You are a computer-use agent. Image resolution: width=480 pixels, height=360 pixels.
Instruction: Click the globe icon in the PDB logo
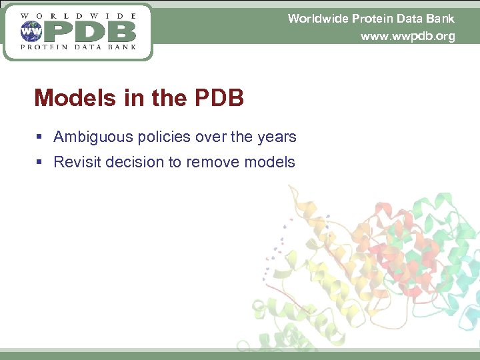[31, 31]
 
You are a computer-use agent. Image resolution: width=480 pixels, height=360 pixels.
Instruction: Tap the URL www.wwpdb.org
[407, 36]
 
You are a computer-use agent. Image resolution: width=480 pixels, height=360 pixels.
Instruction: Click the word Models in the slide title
[75, 99]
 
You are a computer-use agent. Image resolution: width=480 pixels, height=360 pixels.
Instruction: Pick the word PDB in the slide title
[219, 99]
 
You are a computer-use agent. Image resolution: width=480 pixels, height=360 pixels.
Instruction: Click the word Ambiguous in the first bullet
[93, 137]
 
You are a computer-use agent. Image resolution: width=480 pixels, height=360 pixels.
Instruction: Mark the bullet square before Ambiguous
[40, 137]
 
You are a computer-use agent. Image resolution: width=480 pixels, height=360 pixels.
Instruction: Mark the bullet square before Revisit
[40, 162]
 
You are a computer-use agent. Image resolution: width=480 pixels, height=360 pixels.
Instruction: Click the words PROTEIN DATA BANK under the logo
[79, 47]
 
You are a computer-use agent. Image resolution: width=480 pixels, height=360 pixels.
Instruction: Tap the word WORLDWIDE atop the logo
[79, 15]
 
